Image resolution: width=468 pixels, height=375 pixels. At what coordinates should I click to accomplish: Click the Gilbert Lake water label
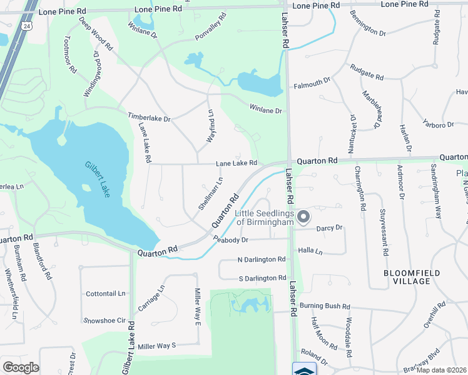[97, 180]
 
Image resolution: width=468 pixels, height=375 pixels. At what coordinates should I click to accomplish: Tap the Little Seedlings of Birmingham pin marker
[303, 217]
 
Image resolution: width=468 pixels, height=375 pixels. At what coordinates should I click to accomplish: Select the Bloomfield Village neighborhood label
[412, 277]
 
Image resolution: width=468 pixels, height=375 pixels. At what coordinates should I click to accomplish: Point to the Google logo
[21, 367]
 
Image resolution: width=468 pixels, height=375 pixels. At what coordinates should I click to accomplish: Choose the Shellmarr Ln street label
[210, 194]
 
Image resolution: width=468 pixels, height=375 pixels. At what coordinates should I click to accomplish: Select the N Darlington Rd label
[262, 259]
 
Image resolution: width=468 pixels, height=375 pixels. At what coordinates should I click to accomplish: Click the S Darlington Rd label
[262, 277]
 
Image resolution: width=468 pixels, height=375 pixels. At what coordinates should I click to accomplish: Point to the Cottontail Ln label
[106, 293]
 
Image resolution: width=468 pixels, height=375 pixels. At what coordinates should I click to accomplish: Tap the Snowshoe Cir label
[105, 320]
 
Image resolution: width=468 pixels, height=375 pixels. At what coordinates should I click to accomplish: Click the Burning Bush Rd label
[324, 306]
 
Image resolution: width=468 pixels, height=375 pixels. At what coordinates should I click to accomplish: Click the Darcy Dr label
[330, 228]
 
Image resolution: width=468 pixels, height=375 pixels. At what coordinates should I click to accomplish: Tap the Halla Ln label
[310, 251]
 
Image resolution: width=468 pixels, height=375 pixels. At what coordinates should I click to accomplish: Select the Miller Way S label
[158, 346]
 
